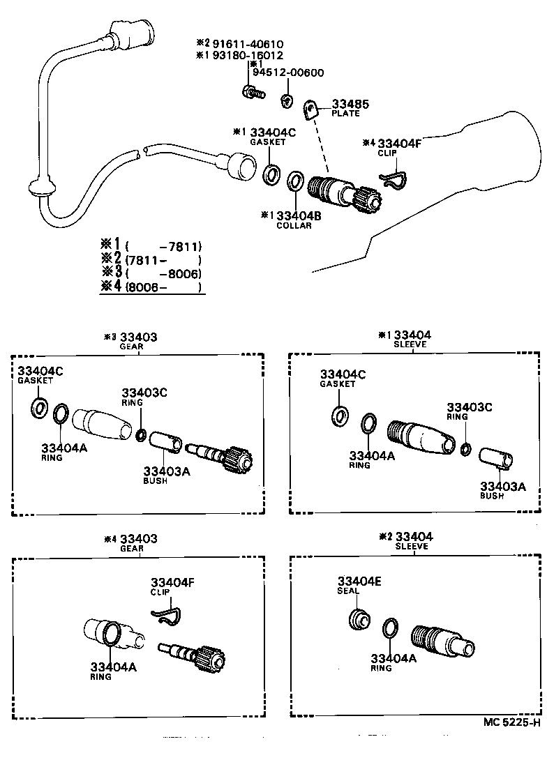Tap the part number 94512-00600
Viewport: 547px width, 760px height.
coord(288,73)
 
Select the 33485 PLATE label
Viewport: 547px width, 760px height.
coord(350,108)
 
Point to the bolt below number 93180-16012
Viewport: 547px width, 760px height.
coord(253,91)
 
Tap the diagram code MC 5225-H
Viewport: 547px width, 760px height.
coord(511,722)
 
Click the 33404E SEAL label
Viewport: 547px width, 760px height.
coord(359,585)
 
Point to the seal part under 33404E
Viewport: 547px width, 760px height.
coord(360,619)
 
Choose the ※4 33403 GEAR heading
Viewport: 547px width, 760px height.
coord(131,543)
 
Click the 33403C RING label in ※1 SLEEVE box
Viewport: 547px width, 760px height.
coord(469,411)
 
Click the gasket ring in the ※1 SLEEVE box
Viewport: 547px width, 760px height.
coord(340,416)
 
